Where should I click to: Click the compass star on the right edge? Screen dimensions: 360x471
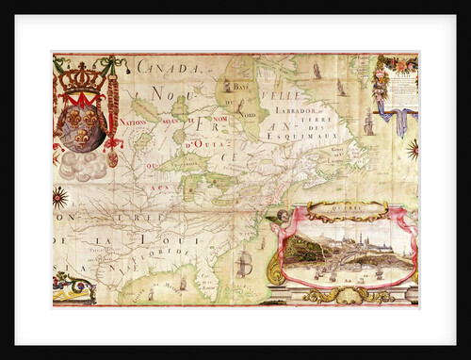pos(413,148)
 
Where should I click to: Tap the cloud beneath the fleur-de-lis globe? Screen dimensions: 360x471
pos(85,166)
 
